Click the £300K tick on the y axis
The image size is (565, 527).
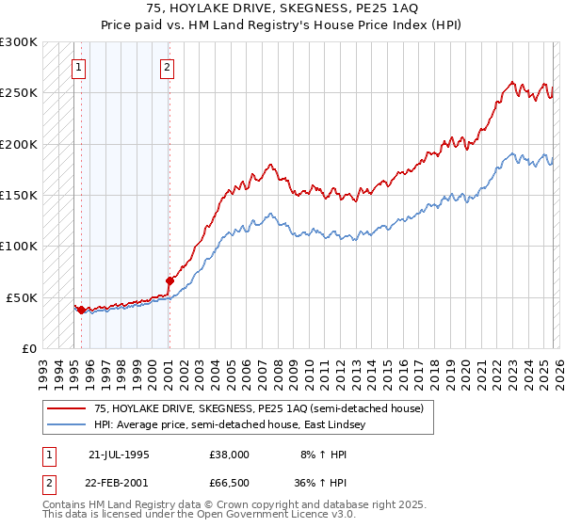(19, 42)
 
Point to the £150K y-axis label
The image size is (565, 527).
(19, 195)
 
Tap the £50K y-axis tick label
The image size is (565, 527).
(22, 297)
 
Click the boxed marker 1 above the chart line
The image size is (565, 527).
(77, 67)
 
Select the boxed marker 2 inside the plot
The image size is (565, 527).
(167, 67)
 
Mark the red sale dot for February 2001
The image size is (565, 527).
(169, 279)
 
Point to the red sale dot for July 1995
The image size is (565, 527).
(82, 310)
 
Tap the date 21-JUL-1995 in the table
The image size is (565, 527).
(119, 454)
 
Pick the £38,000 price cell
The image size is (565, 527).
(230, 454)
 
